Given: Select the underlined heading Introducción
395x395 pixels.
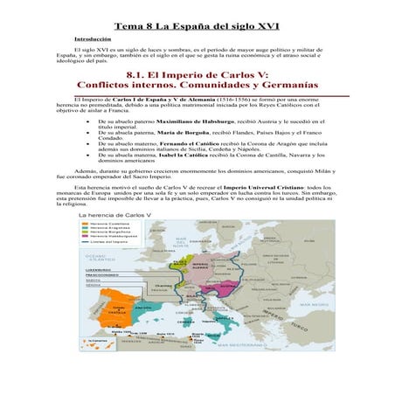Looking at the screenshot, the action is pos(93,40).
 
